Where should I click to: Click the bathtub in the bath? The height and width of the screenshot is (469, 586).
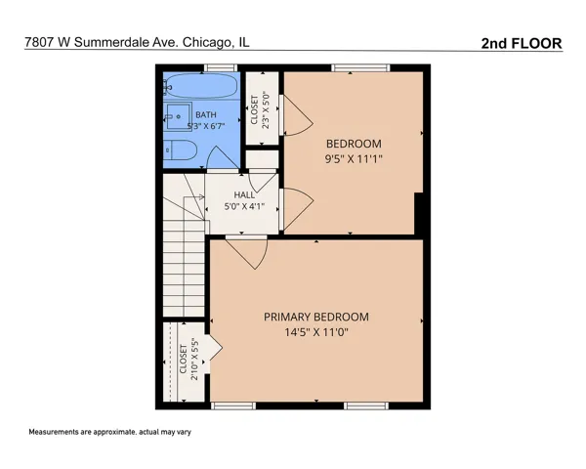point(201,85)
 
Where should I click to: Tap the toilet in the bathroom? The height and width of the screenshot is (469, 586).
point(180,149)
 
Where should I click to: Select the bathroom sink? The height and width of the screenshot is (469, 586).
point(178,116)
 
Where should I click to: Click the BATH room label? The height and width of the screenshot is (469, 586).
point(206,114)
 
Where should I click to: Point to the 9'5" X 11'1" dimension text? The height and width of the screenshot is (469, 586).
point(354,159)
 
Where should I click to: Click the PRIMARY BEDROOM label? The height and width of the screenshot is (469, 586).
point(316,317)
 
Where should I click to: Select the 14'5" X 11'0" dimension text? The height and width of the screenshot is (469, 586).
point(316,332)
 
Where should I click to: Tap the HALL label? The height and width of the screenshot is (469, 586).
point(244,194)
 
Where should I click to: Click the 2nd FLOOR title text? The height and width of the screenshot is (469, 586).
point(522,43)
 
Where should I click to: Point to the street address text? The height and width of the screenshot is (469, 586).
point(137,42)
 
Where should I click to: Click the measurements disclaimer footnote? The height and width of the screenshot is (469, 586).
point(109,432)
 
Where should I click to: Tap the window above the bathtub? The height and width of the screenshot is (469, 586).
point(221,67)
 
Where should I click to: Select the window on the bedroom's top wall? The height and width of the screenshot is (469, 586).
point(360,67)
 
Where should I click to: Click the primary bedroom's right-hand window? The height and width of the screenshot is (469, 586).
point(366,405)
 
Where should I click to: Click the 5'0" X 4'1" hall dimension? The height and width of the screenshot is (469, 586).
point(244,206)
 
